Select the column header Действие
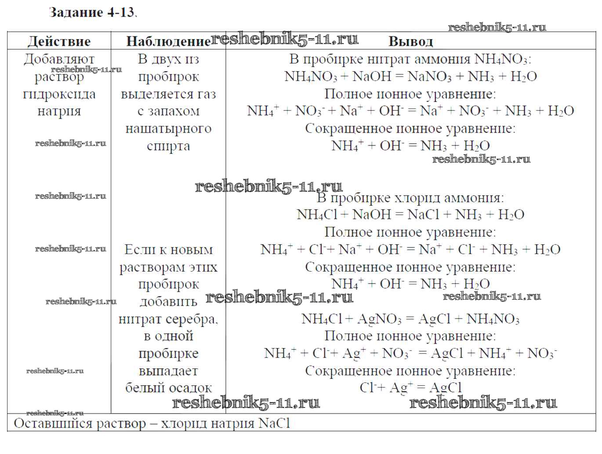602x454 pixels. (59, 41)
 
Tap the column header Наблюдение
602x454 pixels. (168, 41)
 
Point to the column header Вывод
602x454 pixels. (410, 41)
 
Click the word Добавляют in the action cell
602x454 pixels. (59, 59)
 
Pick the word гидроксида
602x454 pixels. (59, 94)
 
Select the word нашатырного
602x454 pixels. (168, 128)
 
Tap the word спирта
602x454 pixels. (168, 145)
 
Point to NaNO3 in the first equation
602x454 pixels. (429, 76)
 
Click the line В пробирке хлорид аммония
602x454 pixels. (410, 198)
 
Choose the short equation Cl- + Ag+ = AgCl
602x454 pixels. (410, 388)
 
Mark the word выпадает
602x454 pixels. (168, 370)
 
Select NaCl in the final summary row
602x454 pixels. (275, 423)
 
